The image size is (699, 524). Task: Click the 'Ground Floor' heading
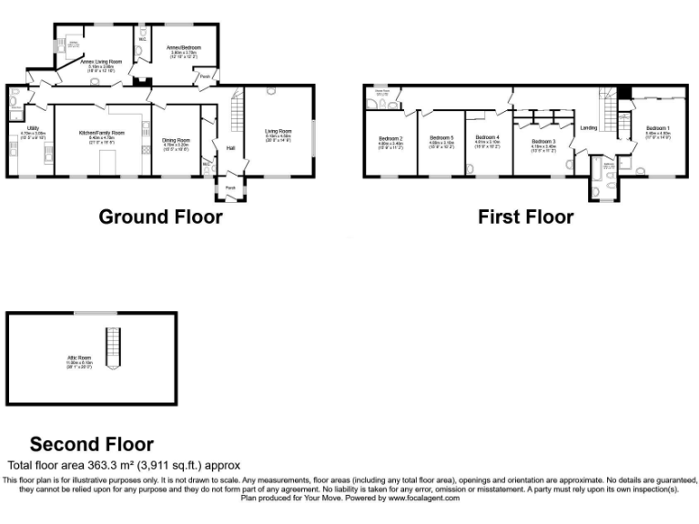point(160,217)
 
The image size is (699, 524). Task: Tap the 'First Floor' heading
point(526,217)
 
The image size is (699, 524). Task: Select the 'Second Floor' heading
point(92,444)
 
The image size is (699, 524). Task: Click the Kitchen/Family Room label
point(101,133)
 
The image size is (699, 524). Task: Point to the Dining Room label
point(175,137)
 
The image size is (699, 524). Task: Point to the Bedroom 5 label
point(441,137)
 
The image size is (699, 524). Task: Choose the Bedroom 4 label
point(487,137)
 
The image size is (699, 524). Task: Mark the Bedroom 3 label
point(543,142)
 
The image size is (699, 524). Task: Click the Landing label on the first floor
point(589,128)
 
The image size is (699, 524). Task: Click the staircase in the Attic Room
point(113,349)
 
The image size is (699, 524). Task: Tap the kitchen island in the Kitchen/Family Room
point(107,160)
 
